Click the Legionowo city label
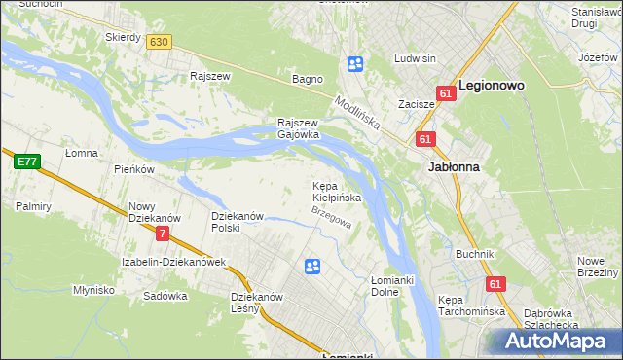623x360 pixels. (x=491, y=86)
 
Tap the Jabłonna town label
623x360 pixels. (x=453, y=166)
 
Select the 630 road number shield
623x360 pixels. (x=160, y=42)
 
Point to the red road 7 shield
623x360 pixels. (x=162, y=234)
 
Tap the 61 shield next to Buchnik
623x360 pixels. (x=496, y=284)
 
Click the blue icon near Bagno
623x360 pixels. (x=355, y=64)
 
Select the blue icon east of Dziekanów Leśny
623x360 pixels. (x=312, y=266)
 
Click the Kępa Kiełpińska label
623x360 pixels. (x=337, y=192)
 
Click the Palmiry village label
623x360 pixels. (x=32, y=206)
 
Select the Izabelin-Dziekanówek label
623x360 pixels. (x=173, y=262)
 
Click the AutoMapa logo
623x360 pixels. (x=559, y=342)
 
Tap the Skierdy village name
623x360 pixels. (x=124, y=36)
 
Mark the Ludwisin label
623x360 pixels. (x=414, y=58)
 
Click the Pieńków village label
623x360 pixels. (x=134, y=169)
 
